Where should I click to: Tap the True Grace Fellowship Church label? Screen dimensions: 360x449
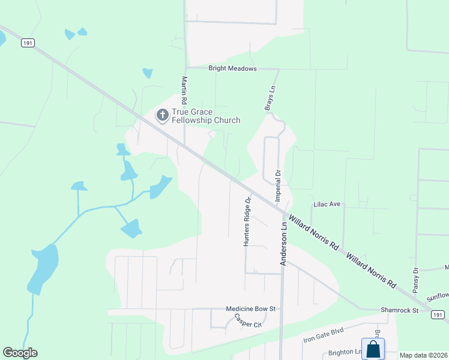(206, 116)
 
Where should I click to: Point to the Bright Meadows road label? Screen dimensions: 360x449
(232, 68)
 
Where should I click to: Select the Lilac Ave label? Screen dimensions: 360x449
(327, 205)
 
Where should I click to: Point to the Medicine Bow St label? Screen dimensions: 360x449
(250, 309)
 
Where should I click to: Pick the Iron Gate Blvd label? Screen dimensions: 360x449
(322, 338)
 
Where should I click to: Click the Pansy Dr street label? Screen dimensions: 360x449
(415, 280)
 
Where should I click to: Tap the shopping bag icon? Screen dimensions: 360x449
(373, 349)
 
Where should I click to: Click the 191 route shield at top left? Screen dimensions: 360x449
(27, 43)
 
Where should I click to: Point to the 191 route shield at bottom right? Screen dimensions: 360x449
(439, 315)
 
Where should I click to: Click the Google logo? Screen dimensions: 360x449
(20, 353)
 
